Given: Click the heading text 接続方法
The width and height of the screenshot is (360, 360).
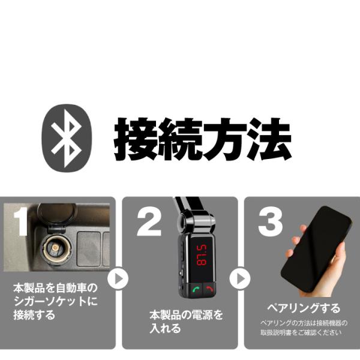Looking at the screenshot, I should coord(203,139).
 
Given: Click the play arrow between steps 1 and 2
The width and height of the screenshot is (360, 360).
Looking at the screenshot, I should coord(118,278).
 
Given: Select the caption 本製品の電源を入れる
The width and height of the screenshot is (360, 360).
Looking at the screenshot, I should coord(186,321).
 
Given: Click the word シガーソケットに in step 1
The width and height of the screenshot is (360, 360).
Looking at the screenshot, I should coord(55,301).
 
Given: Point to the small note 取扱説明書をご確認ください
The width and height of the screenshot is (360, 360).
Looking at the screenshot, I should coord(303,332).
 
